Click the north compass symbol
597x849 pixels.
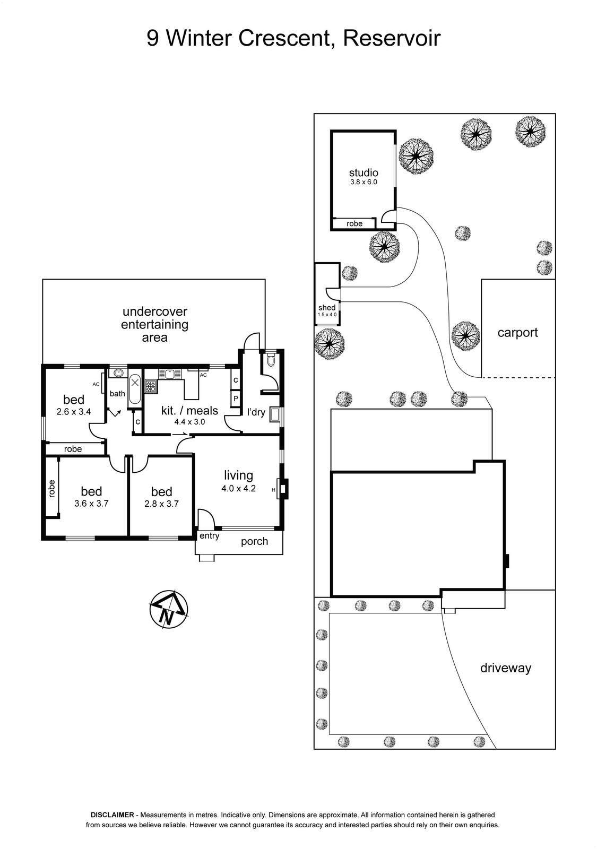(169, 610)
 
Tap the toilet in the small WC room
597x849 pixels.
(271, 360)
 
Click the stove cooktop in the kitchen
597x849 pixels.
(151, 386)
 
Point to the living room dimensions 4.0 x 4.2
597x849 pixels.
(238, 489)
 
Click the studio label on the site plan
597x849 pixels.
(364, 173)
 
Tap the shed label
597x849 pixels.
(327, 308)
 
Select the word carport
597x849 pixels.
(517, 332)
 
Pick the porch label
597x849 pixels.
(254, 542)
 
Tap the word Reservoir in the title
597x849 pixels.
(392, 38)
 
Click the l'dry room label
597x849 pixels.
(256, 412)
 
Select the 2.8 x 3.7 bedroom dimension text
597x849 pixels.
(161, 504)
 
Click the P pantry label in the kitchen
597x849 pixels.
(236, 398)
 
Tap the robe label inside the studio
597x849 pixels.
(354, 223)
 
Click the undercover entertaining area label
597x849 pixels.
(154, 324)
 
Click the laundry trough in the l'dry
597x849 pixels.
(274, 414)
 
